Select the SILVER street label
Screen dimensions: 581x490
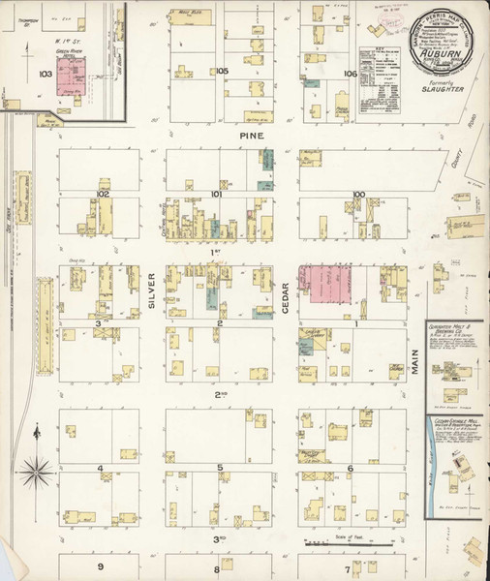coord(152,290)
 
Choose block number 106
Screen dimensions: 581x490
coord(350,73)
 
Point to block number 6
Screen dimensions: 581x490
coord(349,469)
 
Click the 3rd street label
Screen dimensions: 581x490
coord(221,538)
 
